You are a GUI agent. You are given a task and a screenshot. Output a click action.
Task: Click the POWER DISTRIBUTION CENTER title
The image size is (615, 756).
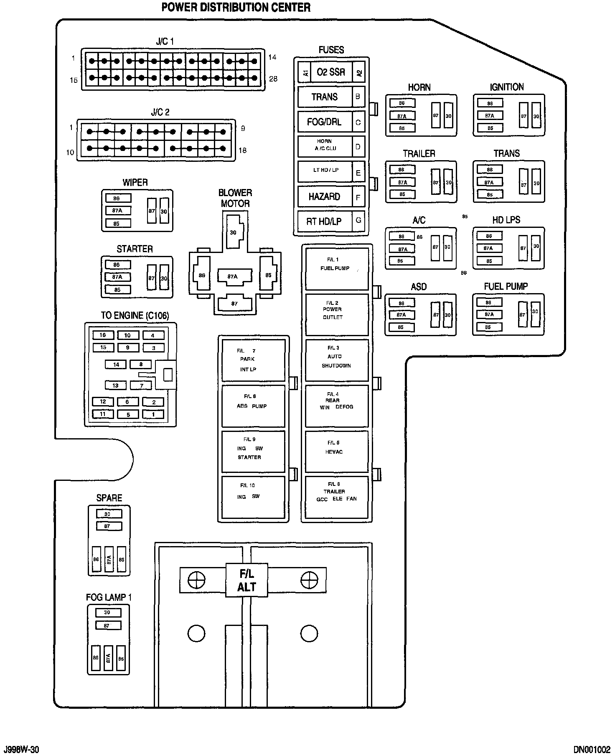pyautogui.click(x=236, y=7)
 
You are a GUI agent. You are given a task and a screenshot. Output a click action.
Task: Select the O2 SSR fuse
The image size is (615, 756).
pyautogui.click(x=331, y=72)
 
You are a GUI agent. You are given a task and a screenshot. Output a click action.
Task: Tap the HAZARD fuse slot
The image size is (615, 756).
pyautogui.click(x=325, y=197)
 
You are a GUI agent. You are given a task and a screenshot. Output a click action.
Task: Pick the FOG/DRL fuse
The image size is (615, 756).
pyautogui.click(x=325, y=122)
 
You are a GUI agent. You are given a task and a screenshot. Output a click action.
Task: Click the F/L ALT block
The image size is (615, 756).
pyautogui.click(x=246, y=581)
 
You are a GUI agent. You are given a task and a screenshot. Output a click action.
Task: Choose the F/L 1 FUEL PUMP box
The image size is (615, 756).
pyautogui.click(x=337, y=268)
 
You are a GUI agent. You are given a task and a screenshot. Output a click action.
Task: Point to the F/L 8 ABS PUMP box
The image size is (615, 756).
pyautogui.click(x=253, y=406)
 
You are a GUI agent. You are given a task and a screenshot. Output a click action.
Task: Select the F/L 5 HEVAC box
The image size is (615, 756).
pyautogui.click(x=337, y=451)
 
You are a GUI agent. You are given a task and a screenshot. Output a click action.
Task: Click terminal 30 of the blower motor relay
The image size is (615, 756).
pyautogui.click(x=233, y=232)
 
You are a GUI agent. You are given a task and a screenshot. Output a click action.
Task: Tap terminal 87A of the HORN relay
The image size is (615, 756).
pyautogui.click(x=402, y=116)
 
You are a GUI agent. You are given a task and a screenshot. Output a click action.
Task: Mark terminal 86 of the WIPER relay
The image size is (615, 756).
pyautogui.click(x=117, y=198)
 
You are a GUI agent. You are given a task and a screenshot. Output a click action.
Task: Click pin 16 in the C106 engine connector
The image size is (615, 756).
pyautogui.click(x=103, y=335)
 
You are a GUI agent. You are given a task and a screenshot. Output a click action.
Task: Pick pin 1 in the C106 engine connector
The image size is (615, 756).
pyautogui.click(x=153, y=414)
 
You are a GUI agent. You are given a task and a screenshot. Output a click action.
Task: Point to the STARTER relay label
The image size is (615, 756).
pyautogui.click(x=135, y=249)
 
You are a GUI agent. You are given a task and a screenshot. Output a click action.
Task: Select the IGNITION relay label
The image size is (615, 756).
pyautogui.click(x=507, y=87)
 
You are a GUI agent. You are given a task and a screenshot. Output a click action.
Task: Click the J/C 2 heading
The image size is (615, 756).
pyautogui.click(x=160, y=112)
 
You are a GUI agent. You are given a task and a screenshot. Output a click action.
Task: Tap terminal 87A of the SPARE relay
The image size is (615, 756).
pyautogui.click(x=109, y=559)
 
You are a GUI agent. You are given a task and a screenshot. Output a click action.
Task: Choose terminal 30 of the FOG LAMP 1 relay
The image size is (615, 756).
pyautogui.click(x=107, y=613)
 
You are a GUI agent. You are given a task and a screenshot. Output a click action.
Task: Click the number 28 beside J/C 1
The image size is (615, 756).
pyautogui.click(x=273, y=79)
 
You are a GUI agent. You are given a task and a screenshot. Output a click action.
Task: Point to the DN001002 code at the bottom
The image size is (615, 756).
pyautogui.click(x=592, y=749)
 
